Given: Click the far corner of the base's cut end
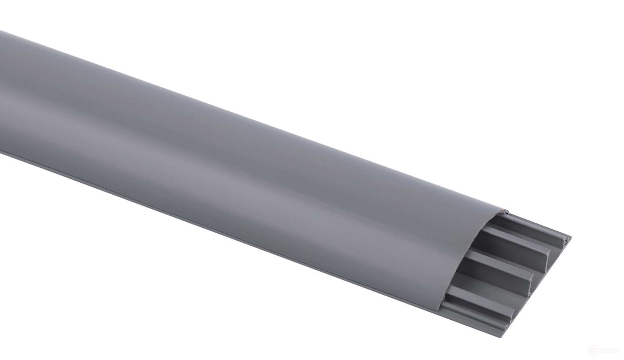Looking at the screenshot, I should pos(571,237).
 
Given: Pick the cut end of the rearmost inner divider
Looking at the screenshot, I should pos(548,254).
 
